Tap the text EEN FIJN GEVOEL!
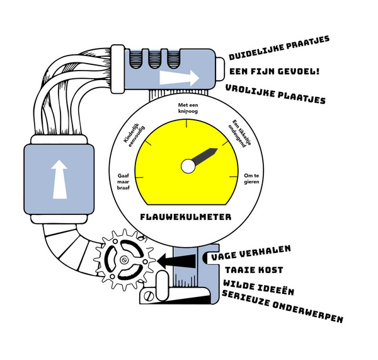(275, 71)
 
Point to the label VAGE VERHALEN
(250, 259)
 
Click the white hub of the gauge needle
(188, 166)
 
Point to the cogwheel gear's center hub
(125, 260)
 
